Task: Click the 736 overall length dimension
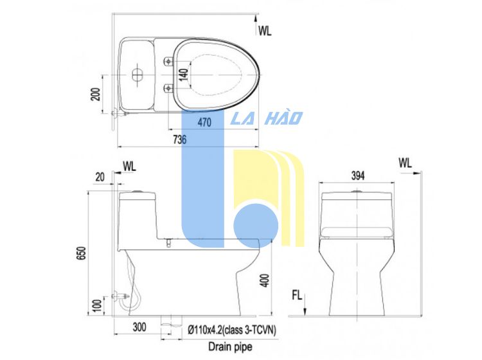click(x=180, y=139)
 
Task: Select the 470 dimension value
click(x=204, y=122)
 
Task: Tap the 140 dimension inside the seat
click(x=184, y=75)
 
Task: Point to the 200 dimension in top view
click(x=96, y=94)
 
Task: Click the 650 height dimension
click(x=82, y=253)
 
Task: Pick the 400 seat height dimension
click(x=265, y=280)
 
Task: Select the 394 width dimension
click(x=358, y=175)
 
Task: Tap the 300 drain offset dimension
click(x=139, y=327)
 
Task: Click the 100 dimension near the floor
click(x=97, y=305)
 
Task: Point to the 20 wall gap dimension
click(x=100, y=177)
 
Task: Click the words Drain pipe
click(x=230, y=346)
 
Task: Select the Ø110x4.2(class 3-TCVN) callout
click(x=232, y=330)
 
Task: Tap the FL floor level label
click(x=297, y=296)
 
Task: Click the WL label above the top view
click(x=265, y=31)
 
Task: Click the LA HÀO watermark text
click(x=267, y=118)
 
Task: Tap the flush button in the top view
click(x=138, y=74)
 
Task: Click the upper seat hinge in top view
click(x=168, y=61)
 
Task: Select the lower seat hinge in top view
click(x=168, y=88)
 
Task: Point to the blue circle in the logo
click(x=255, y=226)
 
